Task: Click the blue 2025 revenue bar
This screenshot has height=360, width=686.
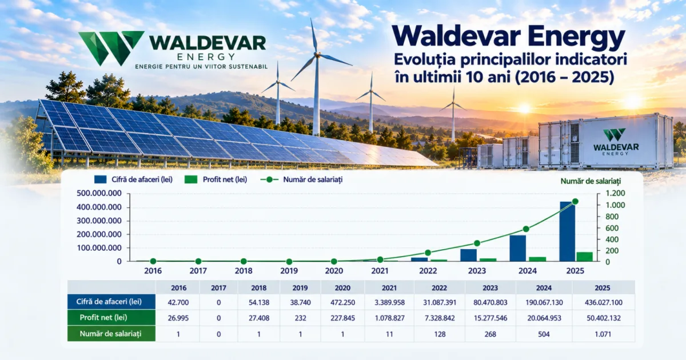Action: (x=567, y=231)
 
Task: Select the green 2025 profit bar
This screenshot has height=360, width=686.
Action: (x=585, y=257)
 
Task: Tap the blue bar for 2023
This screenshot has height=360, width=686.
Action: (x=469, y=255)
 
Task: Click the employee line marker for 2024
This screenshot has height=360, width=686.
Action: (x=526, y=229)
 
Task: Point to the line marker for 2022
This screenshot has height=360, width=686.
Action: (x=428, y=253)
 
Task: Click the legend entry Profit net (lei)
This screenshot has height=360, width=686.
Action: (x=216, y=179)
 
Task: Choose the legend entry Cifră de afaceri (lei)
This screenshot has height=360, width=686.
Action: (x=134, y=179)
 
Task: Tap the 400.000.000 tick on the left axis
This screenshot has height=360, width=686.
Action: (x=99, y=207)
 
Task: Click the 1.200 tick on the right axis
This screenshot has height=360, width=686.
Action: (x=615, y=193)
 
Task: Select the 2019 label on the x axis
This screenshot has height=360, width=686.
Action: (x=289, y=271)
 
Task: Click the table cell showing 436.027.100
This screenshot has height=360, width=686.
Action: (x=603, y=302)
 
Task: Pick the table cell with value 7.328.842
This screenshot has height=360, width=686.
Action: (x=440, y=318)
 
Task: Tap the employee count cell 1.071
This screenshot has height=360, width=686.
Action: (x=603, y=334)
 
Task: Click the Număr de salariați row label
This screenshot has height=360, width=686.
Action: (x=111, y=334)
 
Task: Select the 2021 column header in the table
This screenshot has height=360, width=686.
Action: (x=389, y=288)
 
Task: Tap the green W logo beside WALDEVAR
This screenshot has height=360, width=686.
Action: (x=111, y=48)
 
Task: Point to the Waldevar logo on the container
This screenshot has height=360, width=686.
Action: (x=616, y=142)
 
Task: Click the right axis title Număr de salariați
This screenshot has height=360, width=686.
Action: (x=591, y=181)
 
